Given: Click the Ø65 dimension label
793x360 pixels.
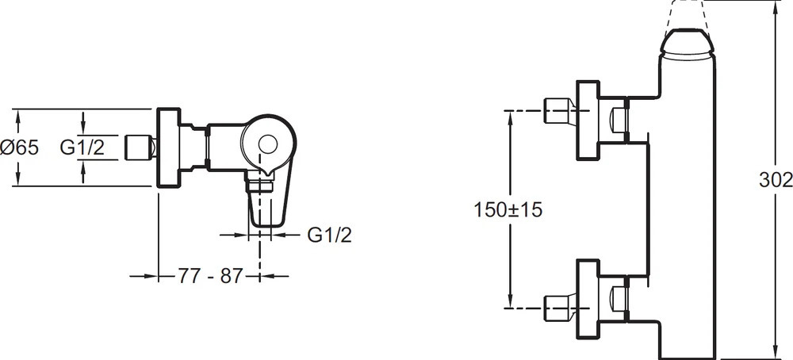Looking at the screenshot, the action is click(x=19, y=147).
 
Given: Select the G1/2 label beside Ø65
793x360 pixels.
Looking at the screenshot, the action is click(x=82, y=147).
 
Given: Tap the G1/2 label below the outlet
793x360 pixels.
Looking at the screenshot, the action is click(x=330, y=235).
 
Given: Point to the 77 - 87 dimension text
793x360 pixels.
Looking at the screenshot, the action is click(x=210, y=276).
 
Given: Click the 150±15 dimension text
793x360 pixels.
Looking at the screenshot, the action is click(x=508, y=209).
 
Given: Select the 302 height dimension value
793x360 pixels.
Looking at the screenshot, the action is click(x=776, y=180).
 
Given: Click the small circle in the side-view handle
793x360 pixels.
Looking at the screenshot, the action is click(x=267, y=145).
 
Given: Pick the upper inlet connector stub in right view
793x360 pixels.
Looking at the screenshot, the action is click(x=559, y=110).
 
